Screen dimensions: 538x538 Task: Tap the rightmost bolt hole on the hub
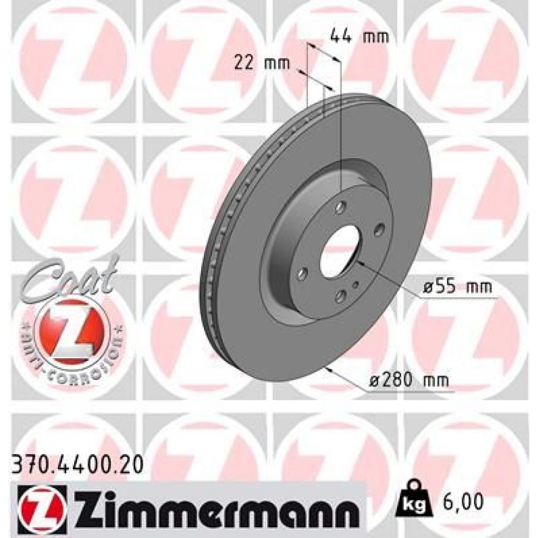tap(379, 230)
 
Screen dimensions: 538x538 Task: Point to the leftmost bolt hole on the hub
tap(303, 274)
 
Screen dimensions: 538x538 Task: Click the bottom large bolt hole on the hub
tap(341, 296)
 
